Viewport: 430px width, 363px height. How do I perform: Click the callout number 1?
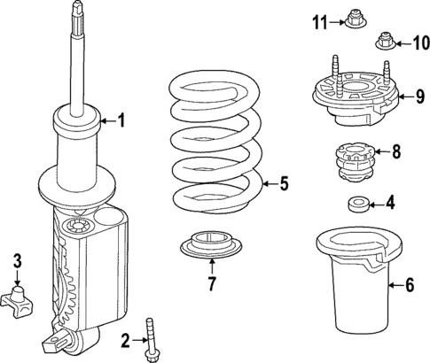(122, 120)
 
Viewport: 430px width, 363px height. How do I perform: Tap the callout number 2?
(125, 339)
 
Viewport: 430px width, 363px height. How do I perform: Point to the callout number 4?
(390, 204)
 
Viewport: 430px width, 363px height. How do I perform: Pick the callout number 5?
(284, 184)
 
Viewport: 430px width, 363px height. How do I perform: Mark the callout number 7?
(212, 284)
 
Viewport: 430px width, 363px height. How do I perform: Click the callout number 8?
(395, 151)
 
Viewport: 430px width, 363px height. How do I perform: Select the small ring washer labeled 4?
(358, 205)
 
